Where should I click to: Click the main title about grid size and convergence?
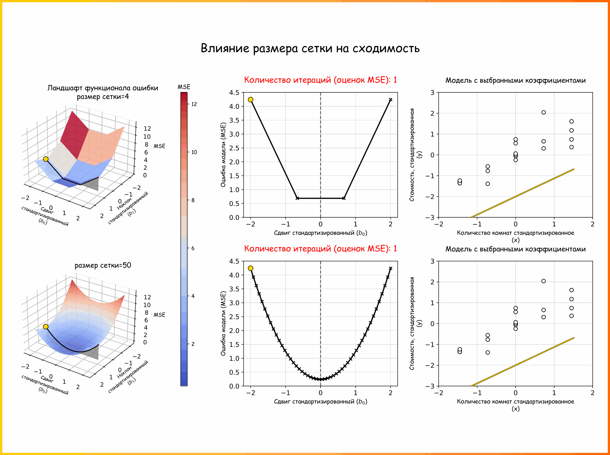(x=310, y=49)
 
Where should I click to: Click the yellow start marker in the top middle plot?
(x=251, y=100)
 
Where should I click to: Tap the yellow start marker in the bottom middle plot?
(x=251, y=268)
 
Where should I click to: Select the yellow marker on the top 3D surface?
(x=46, y=159)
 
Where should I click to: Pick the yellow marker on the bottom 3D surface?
(x=46, y=327)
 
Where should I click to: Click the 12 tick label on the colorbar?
(x=194, y=104)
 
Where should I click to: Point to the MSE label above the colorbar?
(x=184, y=87)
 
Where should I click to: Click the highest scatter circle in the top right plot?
(x=544, y=112)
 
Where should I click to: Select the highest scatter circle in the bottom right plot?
(x=544, y=281)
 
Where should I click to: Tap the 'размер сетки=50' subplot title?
(x=103, y=265)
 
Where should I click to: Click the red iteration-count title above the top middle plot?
(x=320, y=80)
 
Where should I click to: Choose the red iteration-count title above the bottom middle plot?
(x=320, y=249)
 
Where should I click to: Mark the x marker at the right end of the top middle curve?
(x=390, y=100)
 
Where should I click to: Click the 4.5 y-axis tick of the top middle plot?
(x=234, y=93)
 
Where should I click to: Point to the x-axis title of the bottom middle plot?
(x=320, y=402)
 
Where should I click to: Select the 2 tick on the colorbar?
(x=193, y=344)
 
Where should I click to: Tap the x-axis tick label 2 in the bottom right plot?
(x=593, y=393)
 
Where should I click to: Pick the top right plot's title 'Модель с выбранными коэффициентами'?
(x=516, y=81)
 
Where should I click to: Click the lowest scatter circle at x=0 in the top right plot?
(x=516, y=160)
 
